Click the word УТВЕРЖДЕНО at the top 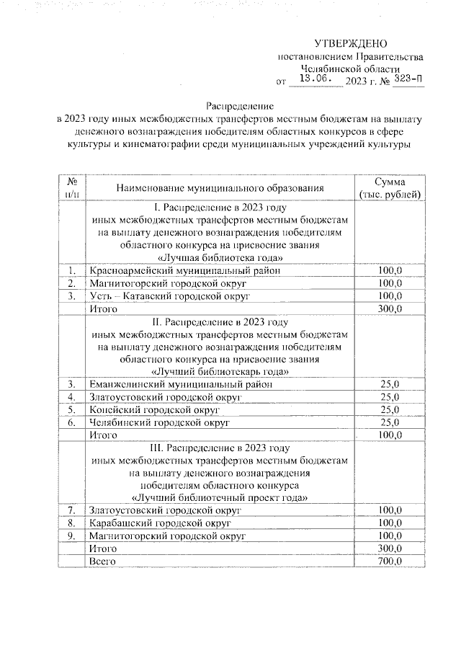coord(351,44)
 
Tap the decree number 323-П coord(408,79)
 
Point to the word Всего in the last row coord(102,561)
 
